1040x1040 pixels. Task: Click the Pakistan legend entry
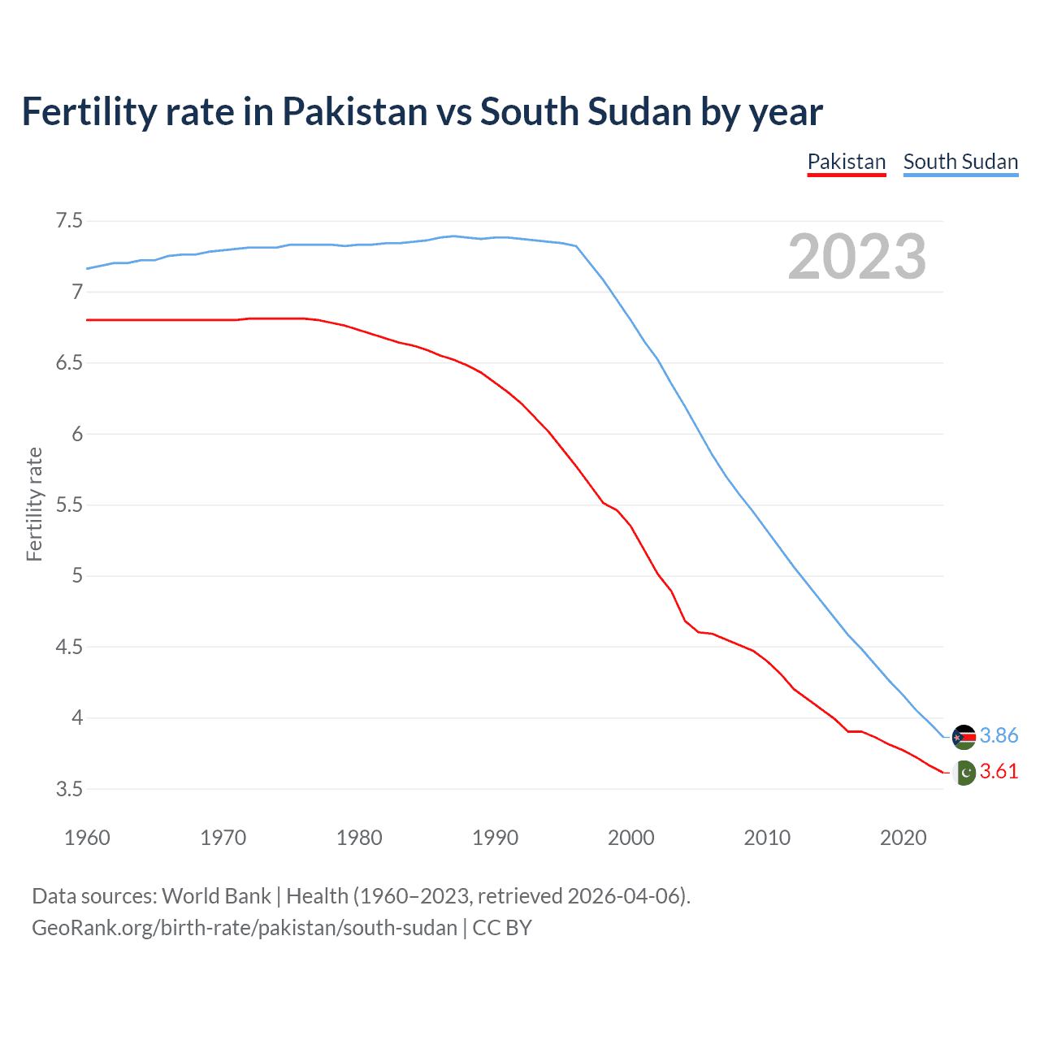point(846,162)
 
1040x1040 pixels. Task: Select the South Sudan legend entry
point(960,162)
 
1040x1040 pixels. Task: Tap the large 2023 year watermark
point(856,257)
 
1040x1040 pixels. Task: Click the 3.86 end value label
point(999,735)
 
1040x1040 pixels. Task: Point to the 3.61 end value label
point(999,771)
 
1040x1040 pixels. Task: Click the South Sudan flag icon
point(964,736)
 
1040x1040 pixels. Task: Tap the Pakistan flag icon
point(964,773)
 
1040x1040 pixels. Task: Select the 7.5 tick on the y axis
point(69,221)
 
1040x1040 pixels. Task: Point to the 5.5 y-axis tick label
point(69,505)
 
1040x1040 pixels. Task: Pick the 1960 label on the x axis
point(87,838)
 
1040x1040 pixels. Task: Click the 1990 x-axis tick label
point(495,838)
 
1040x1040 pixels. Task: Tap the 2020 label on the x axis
point(903,838)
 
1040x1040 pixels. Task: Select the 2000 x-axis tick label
point(630,838)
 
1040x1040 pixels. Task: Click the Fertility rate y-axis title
point(34,504)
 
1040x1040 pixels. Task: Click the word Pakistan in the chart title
point(354,112)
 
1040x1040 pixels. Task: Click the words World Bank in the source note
point(216,896)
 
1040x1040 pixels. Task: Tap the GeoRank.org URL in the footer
point(244,928)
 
